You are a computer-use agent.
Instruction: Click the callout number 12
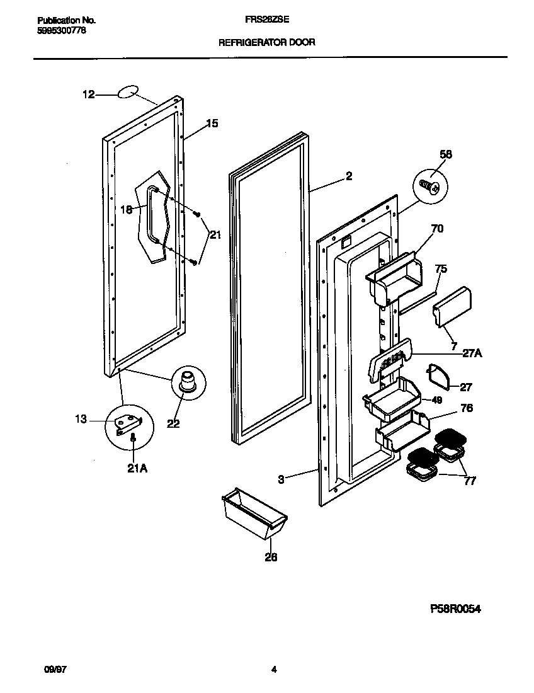(88, 94)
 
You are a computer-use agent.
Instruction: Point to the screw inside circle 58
(431, 185)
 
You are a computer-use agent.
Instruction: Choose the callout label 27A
(472, 353)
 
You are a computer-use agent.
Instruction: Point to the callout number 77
(469, 482)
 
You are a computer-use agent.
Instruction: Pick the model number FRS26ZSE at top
(267, 21)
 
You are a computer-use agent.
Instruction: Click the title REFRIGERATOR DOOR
(266, 43)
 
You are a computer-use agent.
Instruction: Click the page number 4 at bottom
(274, 670)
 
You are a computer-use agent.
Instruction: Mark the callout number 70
(436, 229)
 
